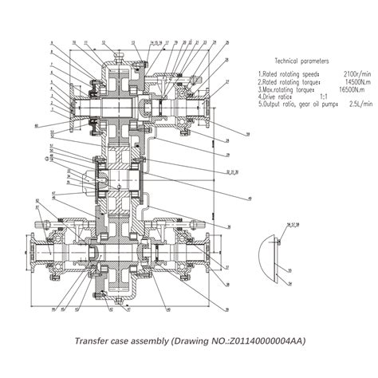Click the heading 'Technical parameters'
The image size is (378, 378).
(301, 61)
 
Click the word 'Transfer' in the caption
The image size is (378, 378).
(95, 341)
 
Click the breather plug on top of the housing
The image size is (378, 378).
(119, 53)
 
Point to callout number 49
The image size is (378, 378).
(250, 197)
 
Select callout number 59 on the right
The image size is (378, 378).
(248, 133)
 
